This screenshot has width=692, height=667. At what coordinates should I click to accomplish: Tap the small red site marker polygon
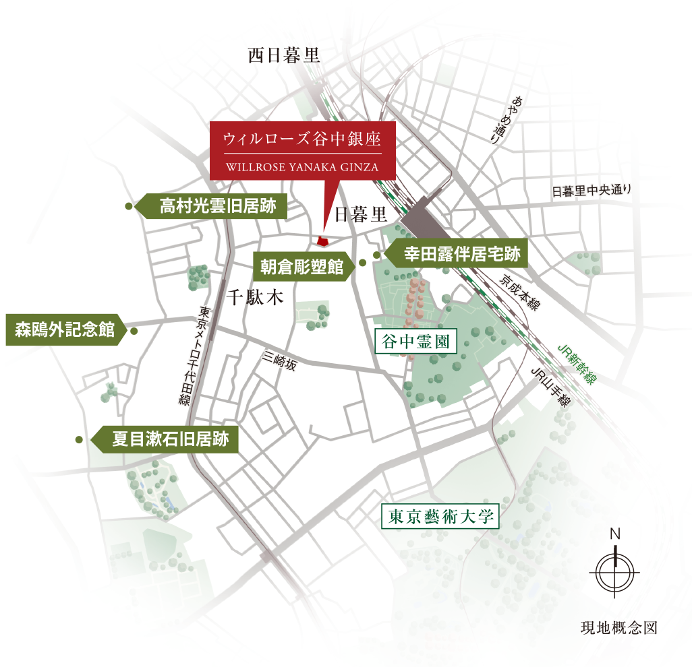tap(322, 240)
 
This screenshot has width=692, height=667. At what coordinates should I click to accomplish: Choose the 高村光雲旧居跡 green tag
tap(215, 206)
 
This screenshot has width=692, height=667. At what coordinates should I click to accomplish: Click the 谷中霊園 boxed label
tap(415, 342)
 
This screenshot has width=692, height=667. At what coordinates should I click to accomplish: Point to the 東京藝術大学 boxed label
tap(439, 517)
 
